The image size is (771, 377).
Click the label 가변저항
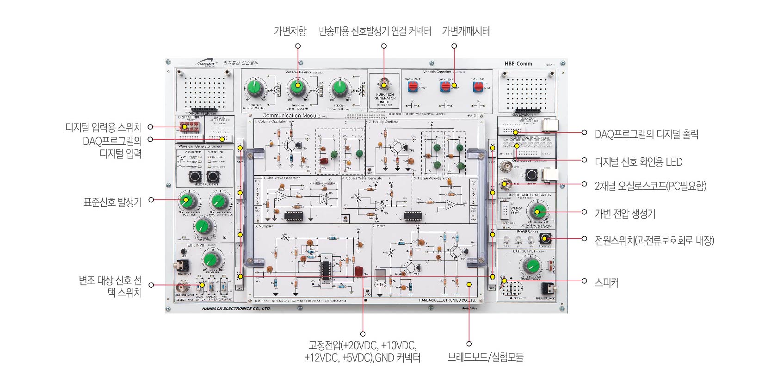coord(290,31)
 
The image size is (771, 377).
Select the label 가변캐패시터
coord(466,31)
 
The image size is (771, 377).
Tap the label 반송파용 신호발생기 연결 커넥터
coord(375,31)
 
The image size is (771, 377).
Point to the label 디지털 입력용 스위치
coord(103,127)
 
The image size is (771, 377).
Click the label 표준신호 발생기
coord(112,202)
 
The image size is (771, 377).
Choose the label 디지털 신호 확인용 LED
coord(638,162)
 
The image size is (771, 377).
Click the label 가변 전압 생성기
coord(625,214)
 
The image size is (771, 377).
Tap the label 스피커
coord(606,282)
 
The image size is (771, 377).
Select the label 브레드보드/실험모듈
coord(485,357)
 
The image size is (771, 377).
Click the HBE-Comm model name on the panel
coord(518,64)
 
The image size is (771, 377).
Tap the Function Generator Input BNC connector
coord(384,85)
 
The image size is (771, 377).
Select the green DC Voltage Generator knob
coord(537,212)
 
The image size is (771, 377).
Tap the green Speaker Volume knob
coord(532,266)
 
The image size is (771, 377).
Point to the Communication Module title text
coord(291,116)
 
